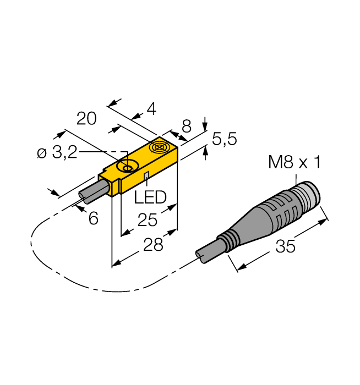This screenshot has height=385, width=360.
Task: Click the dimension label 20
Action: pos(86,119)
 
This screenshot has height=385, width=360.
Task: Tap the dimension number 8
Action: pos(187,127)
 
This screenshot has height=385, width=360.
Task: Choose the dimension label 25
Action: pos(148,220)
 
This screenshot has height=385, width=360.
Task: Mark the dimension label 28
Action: pos(151,245)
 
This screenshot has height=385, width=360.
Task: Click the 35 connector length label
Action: pos(285,247)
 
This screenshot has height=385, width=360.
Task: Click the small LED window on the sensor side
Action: pos(146,176)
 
